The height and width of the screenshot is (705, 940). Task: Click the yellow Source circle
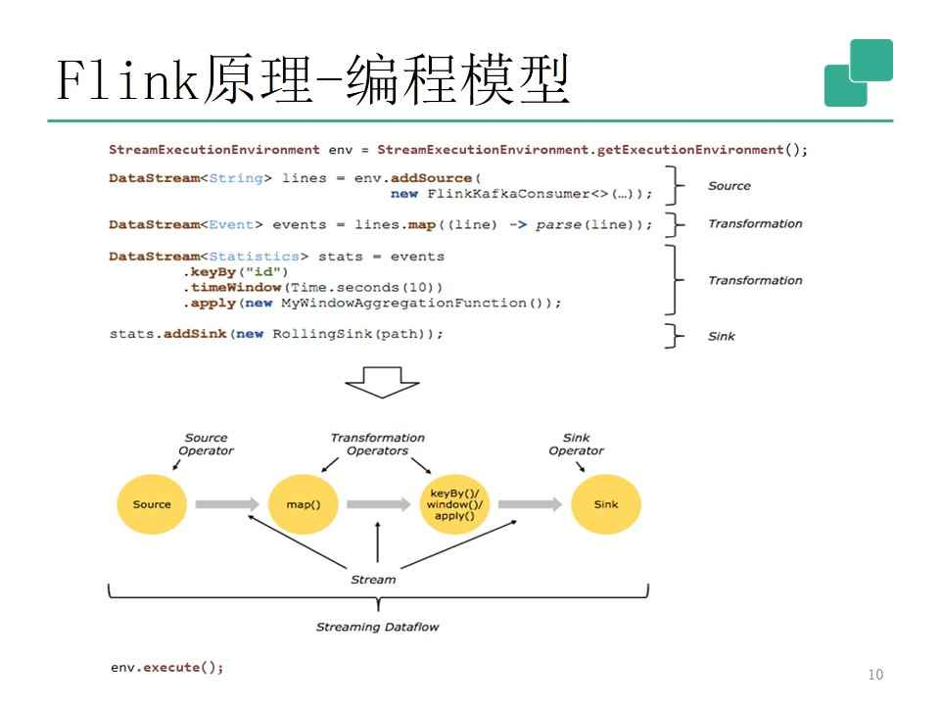(x=151, y=504)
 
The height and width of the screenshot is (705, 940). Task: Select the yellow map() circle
(x=296, y=504)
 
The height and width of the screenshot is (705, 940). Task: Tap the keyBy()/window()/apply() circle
(x=454, y=504)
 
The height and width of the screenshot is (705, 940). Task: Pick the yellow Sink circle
(x=605, y=504)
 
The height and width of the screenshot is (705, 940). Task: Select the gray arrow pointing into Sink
(x=530, y=504)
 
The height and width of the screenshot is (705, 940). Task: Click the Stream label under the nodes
(x=373, y=580)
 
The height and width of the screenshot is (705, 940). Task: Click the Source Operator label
(x=207, y=445)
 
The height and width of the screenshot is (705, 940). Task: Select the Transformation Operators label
(x=377, y=445)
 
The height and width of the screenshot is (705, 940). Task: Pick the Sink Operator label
(x=576, y=445)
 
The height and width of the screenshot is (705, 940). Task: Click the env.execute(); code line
(x=166, y=668)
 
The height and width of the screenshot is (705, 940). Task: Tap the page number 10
(x=874, y=674)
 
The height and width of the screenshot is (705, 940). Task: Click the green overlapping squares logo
(x=859, y=72)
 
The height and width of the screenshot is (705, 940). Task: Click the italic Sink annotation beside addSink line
(x=722, y=337)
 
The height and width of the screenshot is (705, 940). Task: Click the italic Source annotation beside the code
(x=728, y=185)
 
